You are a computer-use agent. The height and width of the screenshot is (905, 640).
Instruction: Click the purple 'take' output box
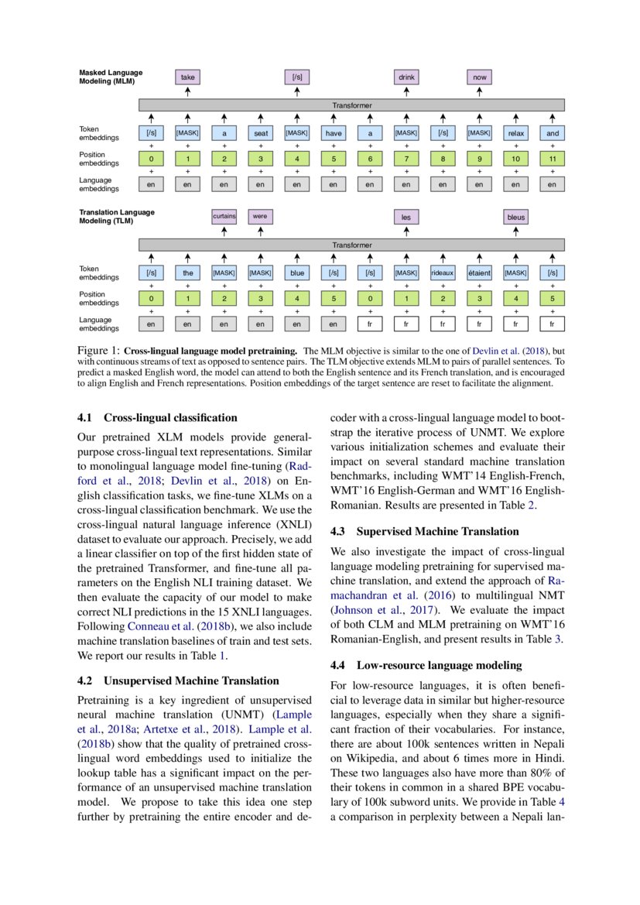pos(188,77)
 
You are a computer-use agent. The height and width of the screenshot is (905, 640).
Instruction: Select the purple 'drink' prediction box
pos(406,77)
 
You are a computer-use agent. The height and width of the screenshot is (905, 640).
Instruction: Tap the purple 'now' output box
pos(479,77)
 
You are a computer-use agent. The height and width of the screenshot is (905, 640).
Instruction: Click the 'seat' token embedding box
pos(261,133)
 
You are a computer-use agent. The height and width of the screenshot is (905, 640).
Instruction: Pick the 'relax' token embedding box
pos(515,133)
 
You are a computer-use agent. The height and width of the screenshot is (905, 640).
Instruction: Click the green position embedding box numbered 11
pos(552,159)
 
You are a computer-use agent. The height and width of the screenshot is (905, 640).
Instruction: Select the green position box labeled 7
pos(406,159)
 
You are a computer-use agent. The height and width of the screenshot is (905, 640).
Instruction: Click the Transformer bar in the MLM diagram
pos(351,105)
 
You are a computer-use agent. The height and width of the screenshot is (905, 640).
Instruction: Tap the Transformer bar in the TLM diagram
pos(351,245)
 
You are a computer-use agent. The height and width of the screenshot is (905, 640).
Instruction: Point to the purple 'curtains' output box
pos(224,217)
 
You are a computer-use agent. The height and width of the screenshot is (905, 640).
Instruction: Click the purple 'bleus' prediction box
pos(515,218)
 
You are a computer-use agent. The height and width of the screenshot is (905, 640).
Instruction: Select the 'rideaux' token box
pos(443,273)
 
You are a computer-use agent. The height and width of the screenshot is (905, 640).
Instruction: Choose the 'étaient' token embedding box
pos(479,273)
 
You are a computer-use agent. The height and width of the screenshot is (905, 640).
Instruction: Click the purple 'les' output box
pos(406,218)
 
